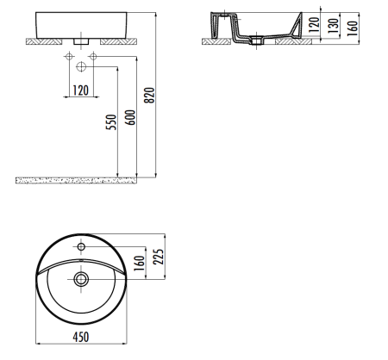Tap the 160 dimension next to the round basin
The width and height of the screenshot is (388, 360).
click(138, 263)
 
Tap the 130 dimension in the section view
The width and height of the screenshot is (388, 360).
click(332, 26)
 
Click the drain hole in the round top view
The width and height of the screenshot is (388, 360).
click(81, 278)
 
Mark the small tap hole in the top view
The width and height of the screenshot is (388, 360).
click(80, 248)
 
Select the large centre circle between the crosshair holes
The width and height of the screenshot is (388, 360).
click(80, 66)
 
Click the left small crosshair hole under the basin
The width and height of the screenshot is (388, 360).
click(67, 56)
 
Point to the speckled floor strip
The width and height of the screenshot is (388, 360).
click(78, 179)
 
